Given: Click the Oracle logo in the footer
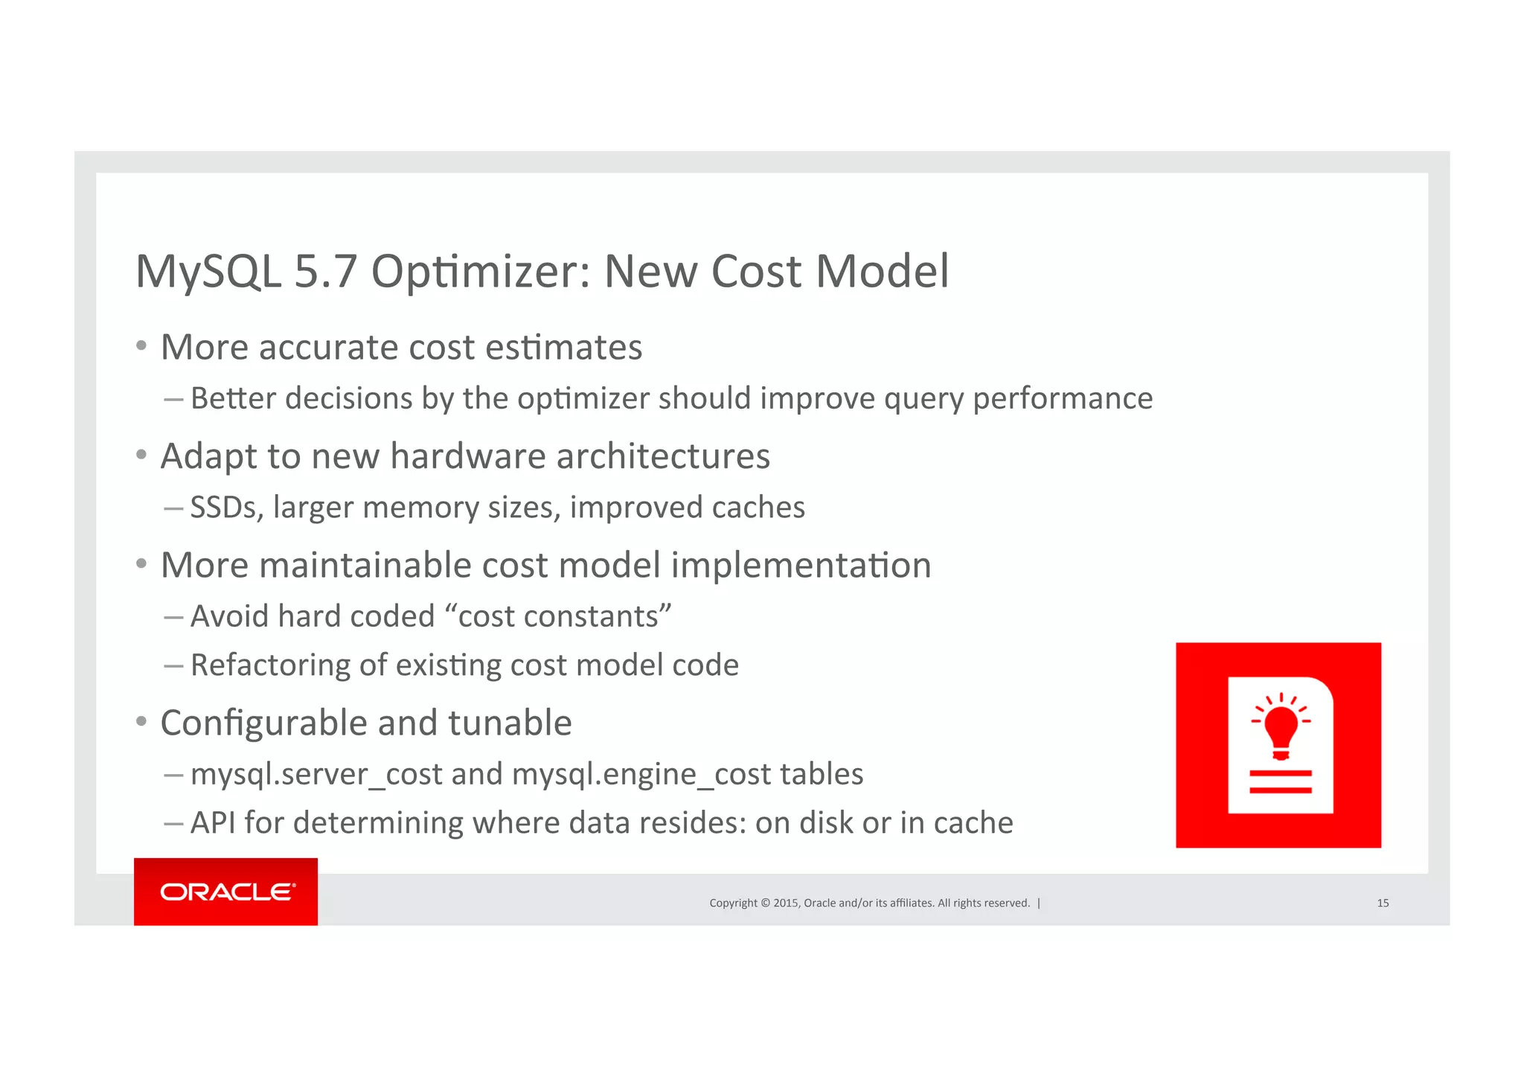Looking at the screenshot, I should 226,892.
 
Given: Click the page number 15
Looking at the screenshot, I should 1383,903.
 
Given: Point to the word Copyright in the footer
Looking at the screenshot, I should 733,903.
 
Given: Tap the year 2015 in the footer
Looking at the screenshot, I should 786,903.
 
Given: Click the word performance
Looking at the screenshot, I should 1063,399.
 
